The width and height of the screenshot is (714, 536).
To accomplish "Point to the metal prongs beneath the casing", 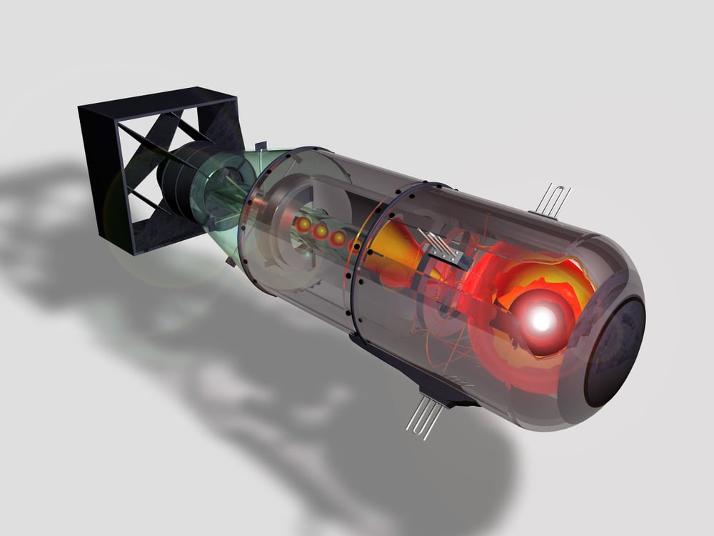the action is coord(423,418).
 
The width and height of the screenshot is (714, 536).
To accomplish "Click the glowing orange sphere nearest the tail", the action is coord(303,224).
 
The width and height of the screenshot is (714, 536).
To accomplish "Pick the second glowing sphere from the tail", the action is coord(321,231).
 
